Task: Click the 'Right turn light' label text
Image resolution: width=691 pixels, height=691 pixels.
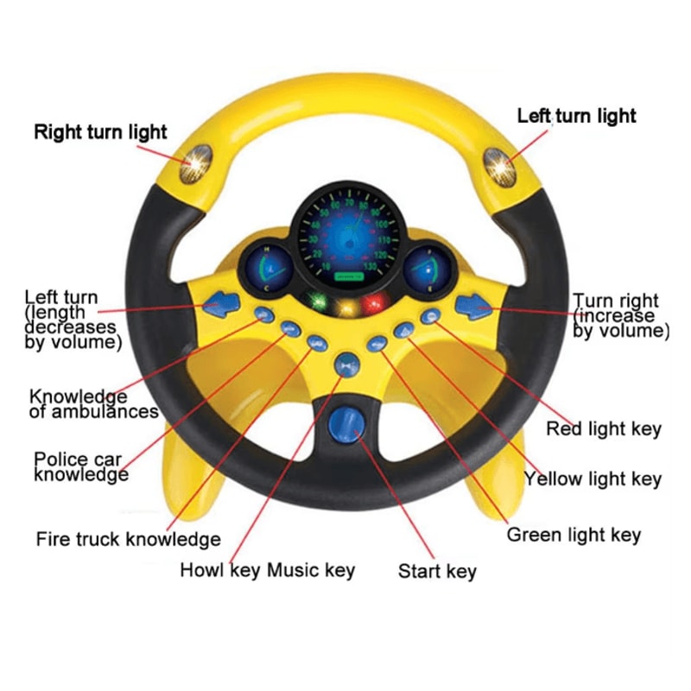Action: pos(100,133)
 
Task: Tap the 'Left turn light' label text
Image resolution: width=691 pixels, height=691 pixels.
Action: pos(576,116)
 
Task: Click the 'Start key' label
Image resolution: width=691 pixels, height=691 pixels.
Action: pos(436,571)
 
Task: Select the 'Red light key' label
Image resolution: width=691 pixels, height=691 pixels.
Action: pos(604,428)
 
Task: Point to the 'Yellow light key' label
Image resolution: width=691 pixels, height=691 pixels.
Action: pos(593,479)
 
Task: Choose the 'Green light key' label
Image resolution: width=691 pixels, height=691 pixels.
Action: pos(574,535)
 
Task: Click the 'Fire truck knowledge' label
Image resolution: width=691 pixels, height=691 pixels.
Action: pos(128,540)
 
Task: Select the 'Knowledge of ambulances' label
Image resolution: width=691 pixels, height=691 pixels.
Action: pos(93,403)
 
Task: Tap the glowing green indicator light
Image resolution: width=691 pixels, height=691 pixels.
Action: pos(318,302)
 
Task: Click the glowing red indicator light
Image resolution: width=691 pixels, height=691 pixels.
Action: pos(373,303)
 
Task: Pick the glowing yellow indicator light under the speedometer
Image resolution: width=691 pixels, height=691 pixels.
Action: pos(346,307)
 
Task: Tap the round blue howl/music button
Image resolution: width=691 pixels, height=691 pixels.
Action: pos(347,364)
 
